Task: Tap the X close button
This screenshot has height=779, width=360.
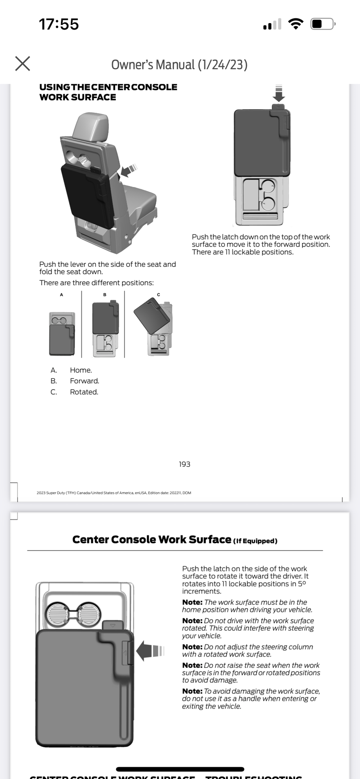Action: pos(23,63)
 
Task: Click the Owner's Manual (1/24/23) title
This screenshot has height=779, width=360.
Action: pos(179,65)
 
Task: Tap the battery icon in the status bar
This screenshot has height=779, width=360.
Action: pos(322,24)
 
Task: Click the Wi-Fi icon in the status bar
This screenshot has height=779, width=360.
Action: pos(296,24)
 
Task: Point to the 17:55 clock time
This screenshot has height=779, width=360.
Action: pos(59,24)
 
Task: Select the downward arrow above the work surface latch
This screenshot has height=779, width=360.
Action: pos(279,94)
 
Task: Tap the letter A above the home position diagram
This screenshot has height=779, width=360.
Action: pos(61,295)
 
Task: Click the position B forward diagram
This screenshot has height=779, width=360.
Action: pos(105,329)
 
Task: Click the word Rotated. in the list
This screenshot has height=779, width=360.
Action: pos(84,392)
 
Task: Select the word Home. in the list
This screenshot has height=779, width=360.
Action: pos(81,370)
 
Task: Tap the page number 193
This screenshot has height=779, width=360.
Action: pos(184,464)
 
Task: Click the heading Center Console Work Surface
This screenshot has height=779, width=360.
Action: pos(152,540)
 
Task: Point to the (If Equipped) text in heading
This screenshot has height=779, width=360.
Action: pos(255,541)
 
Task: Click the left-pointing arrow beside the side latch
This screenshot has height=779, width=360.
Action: pos(149,651)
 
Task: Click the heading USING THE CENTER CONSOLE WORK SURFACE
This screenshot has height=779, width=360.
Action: pos(108,92)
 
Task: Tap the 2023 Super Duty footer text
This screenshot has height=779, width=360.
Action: pos(113,493)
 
